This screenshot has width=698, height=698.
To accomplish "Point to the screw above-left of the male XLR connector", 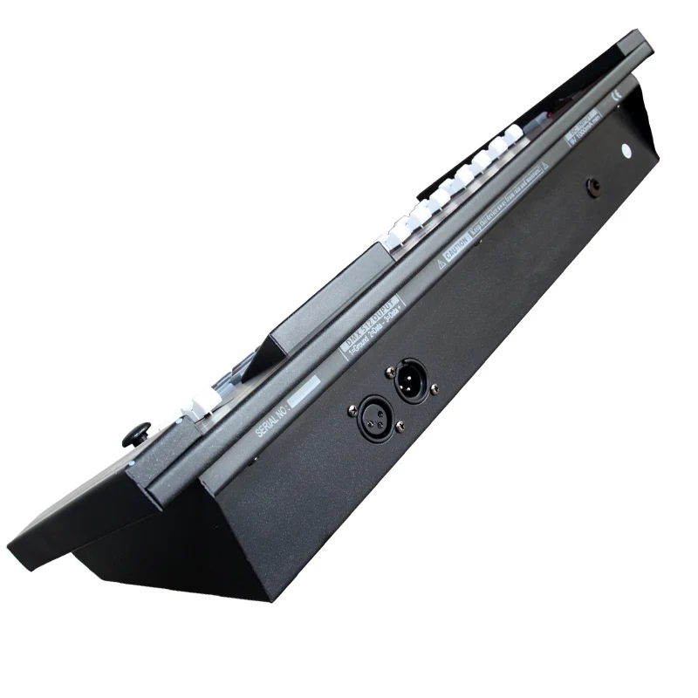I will (389, 373).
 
